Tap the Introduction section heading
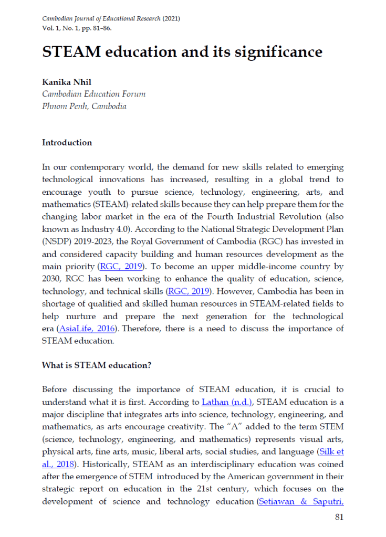coord(67,143)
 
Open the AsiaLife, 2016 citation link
coord(81,329)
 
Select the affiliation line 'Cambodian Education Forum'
coord(93,94)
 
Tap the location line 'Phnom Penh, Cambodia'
coord(84,106)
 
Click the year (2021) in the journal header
coord(171,18)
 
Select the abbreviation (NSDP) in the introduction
coord(55,241)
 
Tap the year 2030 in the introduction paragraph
coord(51,278)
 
